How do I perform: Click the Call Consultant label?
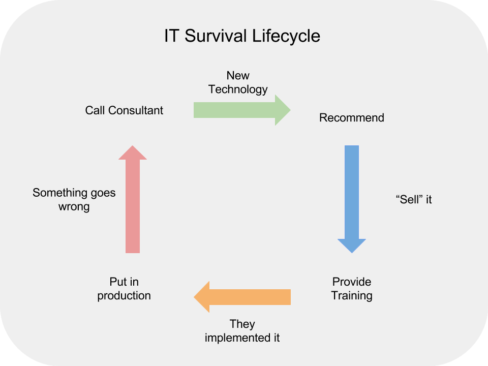[124, 110]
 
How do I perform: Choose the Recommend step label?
[351, 118]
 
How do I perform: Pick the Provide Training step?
[352, 289]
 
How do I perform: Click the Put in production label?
[124, 289]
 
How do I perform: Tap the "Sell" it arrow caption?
[413, 200]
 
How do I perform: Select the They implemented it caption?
[242, 331]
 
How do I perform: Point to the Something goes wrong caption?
[74, 200]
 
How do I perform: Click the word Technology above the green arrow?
[238, 89]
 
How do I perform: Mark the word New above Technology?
[238, 76]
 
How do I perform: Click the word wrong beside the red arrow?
[74, 207]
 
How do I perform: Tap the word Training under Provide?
[352, 296]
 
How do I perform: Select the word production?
[124, 296]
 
